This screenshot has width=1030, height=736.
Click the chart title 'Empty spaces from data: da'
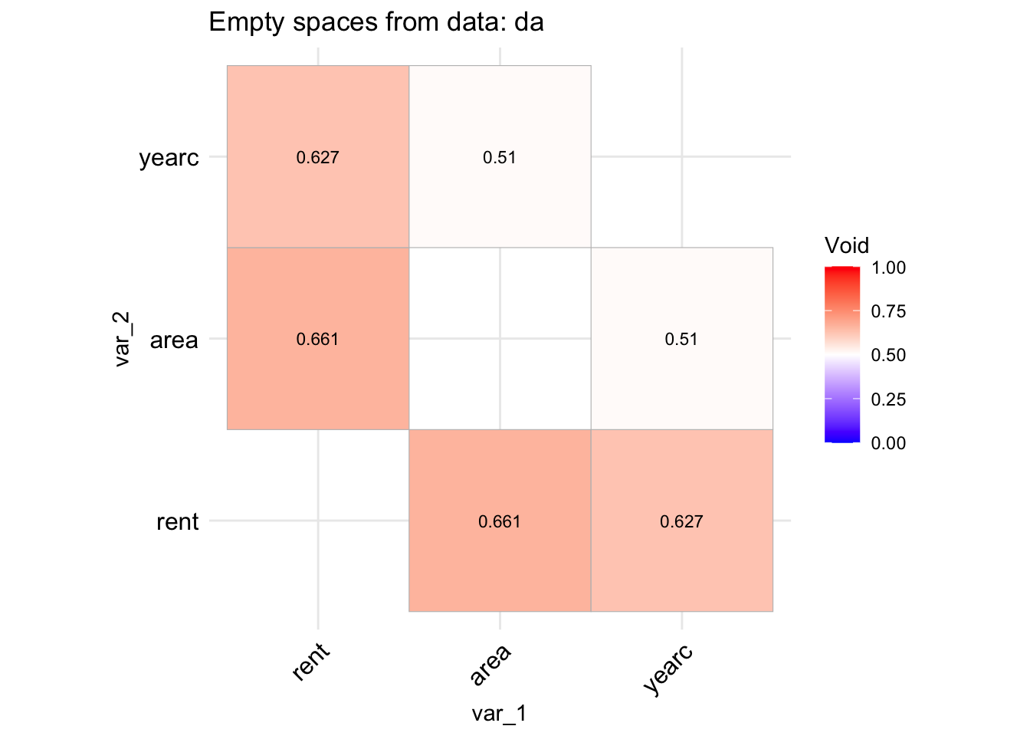[376, 22]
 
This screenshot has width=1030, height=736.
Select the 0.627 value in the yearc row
[317, 158]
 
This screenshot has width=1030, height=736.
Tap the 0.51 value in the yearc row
[499, 158]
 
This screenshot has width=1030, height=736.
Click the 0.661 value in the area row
[317, 340]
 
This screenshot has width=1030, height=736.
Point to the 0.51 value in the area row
[681, 340]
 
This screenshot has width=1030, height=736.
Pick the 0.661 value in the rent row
[499, 522]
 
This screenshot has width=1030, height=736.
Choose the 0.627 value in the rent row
[681, 522]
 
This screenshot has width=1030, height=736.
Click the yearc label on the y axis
[169, 159]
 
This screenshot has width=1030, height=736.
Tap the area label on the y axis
[174, 340]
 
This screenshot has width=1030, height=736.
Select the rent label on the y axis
[177, 522]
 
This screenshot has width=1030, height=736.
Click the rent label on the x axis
[311, 662]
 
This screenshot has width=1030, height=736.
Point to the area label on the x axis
[490, 665]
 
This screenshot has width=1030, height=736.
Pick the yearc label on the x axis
[669, 669]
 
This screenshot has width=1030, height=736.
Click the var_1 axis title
[499, 714]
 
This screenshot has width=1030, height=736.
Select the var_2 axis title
[123, 339]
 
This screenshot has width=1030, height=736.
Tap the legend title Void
[847, 245]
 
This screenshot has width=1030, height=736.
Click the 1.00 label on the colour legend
[888, 268]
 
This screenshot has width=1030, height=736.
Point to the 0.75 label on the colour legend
[888, 311]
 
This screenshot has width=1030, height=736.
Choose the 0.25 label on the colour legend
[888, 399]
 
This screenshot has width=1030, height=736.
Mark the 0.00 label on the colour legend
[888, 443]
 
